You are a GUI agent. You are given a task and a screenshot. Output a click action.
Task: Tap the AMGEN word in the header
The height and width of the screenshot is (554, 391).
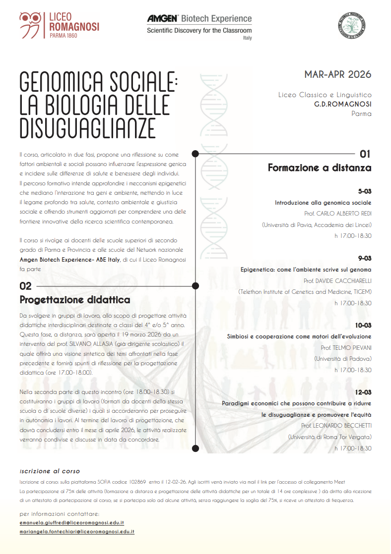click(x=162, y=19)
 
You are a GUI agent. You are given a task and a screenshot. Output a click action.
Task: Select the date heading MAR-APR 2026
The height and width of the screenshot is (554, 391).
click(x=338, y=74)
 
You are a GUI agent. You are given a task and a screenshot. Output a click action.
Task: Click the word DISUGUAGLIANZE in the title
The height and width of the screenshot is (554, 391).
click(x=87, y=127)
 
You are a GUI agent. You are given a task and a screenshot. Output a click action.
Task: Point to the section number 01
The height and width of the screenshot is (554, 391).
click(x=365, y=154)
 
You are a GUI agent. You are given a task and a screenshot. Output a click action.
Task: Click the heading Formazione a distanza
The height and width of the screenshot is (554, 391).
click(x=320, y=167)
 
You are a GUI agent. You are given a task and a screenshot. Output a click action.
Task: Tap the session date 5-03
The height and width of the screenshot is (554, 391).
click(x=364, y=191)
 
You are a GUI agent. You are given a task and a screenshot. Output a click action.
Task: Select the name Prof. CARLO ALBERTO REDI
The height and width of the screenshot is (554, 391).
click(x=338, y=214)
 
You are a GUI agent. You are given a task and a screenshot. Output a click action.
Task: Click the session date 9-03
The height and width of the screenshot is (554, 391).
click(x=364, y=258)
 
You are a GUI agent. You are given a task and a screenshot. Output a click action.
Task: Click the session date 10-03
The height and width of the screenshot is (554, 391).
click(x=363, y=325)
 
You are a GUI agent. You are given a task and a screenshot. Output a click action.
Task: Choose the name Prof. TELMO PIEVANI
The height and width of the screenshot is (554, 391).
click(x=346, y=347)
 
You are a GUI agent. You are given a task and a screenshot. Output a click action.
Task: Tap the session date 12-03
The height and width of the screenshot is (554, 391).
click(x=363, y=392)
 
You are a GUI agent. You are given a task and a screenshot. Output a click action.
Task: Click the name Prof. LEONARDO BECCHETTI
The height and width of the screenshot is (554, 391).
click(x=336, y=426)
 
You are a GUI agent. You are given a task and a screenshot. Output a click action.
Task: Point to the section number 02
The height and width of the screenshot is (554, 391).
click(x=26, y=286)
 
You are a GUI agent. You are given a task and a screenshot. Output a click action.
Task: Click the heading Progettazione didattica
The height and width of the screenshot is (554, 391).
click(x=75, y=300)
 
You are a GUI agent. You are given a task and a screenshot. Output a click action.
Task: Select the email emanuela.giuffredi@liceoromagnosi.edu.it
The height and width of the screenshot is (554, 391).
click(x=71, y=522)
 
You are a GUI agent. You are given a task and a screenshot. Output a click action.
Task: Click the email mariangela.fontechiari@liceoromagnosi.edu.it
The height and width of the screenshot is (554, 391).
click(x=77, y=531)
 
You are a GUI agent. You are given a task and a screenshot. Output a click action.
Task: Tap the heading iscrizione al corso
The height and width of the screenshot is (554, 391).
click(x=50, y=471)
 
